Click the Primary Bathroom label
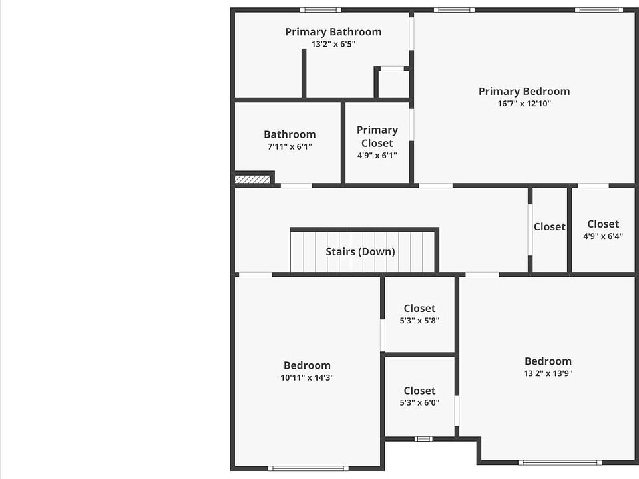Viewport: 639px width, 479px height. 333,32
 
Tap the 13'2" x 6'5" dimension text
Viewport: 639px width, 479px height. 333,45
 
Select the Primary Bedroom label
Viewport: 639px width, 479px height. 524,92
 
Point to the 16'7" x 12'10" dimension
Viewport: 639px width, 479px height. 524,104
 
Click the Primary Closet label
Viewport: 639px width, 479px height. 377,136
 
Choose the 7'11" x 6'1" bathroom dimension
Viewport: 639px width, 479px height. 290,147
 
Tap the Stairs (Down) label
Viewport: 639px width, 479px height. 360,252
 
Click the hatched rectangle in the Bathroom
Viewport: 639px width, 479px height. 252,179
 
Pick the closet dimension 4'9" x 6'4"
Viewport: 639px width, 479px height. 603,236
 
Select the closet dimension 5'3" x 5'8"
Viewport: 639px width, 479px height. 419,321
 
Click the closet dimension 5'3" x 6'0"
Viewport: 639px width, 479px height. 419,402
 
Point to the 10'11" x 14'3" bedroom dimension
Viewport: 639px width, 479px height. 307,378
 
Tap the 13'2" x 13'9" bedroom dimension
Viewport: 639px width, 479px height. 548,374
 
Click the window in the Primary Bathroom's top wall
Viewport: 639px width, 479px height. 320,10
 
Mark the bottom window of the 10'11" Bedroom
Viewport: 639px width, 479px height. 308,468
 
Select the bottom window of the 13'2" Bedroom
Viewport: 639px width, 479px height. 560,462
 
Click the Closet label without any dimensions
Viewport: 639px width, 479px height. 549,227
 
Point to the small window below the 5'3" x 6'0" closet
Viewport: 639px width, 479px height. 423,439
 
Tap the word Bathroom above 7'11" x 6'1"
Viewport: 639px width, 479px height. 290,134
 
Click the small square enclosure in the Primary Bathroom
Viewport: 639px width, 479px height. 393,83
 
